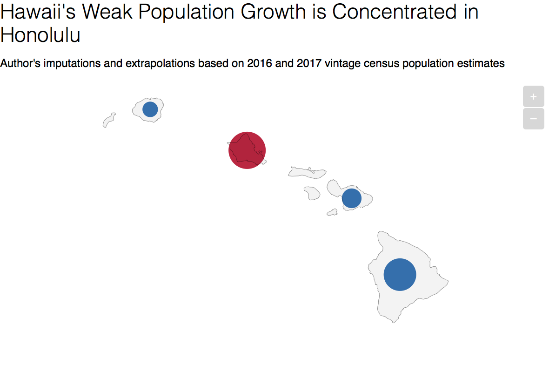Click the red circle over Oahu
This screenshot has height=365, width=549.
[x=247, y=150]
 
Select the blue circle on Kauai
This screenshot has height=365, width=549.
[x=150, y=109]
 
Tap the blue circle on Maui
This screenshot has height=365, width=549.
[x=352, y=198]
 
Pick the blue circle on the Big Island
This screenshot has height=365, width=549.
[x=400, y=275]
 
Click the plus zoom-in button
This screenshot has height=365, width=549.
[x=534, y=96]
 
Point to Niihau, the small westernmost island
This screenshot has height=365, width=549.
[x=109, y=120]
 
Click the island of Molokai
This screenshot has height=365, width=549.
[x=307, y=172]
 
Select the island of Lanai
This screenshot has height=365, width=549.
[x=312, y=193]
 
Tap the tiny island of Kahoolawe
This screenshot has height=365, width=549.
[x=332, y=212]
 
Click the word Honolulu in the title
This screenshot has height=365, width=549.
[x=40, y=35]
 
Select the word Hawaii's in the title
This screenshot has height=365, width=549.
[x=38, y=12]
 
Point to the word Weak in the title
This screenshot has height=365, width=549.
[x=107, y=12]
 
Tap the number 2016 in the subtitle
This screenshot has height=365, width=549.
[x=260, y=63]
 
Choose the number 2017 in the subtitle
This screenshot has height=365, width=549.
[x=309, y=63]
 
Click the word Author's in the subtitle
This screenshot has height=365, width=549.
[x=20, y=63]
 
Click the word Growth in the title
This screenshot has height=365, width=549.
[x=273, y=12]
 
